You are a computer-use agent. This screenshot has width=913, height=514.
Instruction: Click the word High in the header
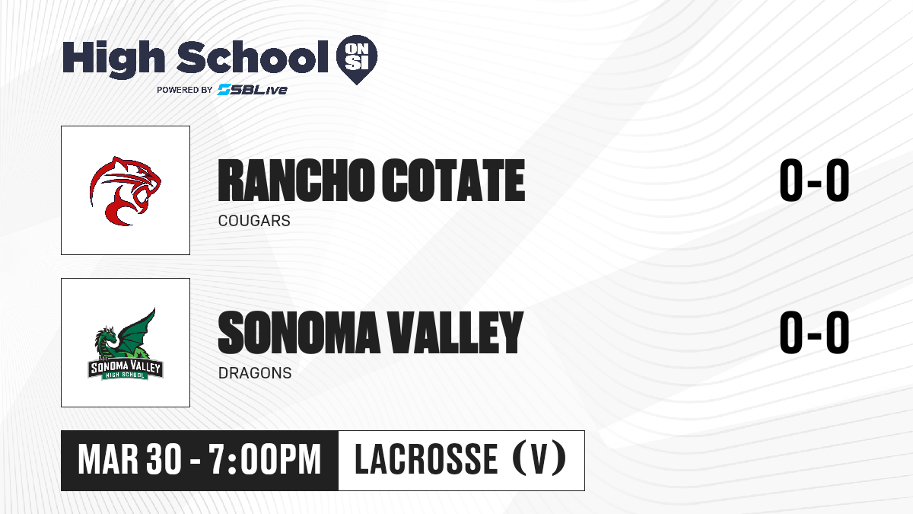click(113, 59)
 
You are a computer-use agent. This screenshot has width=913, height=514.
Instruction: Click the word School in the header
click(253, 56)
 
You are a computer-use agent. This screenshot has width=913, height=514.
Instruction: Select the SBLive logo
click(253, 89)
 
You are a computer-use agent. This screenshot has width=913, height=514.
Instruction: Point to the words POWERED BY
click(185, 90)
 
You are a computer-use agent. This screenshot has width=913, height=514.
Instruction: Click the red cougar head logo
click(126, 191)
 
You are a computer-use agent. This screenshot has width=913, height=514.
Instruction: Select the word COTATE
click(453, 180)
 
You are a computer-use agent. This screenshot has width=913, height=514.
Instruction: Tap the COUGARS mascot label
click(254, 221)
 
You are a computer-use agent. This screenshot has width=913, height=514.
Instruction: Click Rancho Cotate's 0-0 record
click(814, 180)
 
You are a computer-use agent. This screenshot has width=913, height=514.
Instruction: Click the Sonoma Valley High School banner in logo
click(126, 369)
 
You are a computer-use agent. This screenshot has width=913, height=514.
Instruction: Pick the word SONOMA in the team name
click(299, 333)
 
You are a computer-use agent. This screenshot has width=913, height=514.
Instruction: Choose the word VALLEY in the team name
click(455, 333)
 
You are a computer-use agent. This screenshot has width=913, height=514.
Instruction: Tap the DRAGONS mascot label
click(255, 373)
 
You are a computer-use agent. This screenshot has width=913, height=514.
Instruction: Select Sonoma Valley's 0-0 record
click(814, 333)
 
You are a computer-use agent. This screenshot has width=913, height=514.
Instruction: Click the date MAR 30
click(129, 459)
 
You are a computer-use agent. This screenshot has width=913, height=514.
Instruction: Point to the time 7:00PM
click(265, 459)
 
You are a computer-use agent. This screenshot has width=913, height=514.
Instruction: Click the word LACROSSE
click(426, 459)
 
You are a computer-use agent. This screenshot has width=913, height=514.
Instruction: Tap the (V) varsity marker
click(539, 459)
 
